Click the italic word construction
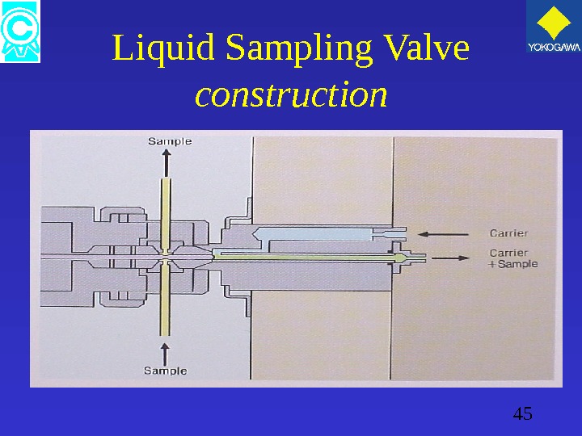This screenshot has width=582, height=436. tap(291, 96)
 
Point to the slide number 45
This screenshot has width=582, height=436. tap(522, 415)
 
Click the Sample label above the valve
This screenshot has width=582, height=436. tap(170, 141)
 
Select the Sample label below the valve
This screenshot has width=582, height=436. tap(165, 371)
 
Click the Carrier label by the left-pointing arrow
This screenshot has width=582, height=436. tap(508, 234)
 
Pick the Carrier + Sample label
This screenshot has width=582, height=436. tap(513, 258)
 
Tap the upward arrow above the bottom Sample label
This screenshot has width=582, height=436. tap(166, 352)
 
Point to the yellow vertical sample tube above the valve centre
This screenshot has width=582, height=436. tap(166, 210)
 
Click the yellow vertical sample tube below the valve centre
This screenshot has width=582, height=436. tap(166, 303)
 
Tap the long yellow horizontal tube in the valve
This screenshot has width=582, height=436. tap(307, 258)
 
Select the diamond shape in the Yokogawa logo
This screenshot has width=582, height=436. tap(554, 22)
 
